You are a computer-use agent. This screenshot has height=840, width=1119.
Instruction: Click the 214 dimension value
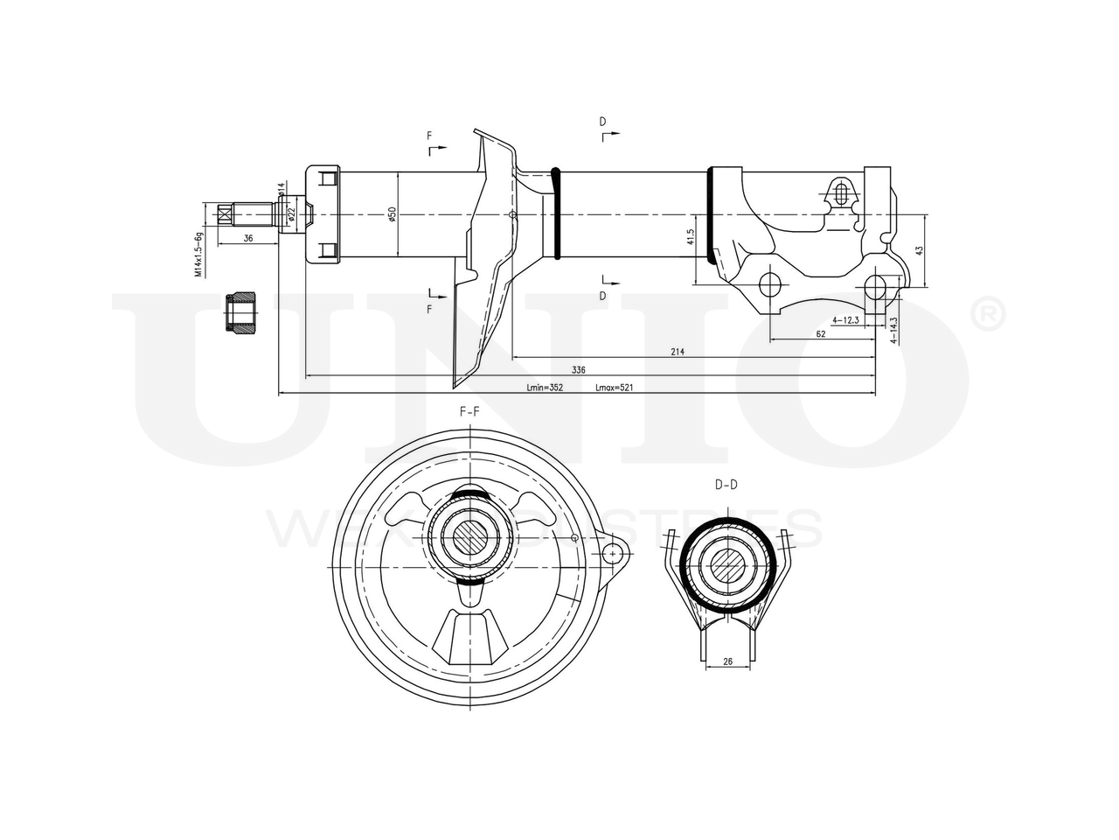[678, 352]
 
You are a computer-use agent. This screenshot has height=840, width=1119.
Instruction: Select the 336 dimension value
[579, 370]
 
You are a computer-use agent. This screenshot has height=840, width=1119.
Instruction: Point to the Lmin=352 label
[545, 387]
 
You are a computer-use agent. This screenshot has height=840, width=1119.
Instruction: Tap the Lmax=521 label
[614, 387]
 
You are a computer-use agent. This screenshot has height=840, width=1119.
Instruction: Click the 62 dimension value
[820, 333]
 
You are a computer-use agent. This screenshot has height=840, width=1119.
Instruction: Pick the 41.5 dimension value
[690, 236]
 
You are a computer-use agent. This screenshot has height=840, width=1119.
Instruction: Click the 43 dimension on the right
[919, 250]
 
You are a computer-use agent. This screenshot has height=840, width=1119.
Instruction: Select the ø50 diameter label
[393, 214]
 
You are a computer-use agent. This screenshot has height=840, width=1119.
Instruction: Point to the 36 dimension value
[247, 238]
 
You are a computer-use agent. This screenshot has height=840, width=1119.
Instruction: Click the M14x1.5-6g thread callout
[199, 255]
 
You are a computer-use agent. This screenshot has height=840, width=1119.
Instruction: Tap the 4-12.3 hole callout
[846, 320]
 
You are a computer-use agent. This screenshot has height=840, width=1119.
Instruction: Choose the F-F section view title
[469, 410]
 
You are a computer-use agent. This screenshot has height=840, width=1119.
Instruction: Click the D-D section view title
[726, 484]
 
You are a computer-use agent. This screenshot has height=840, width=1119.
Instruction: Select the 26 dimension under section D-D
[727, 662]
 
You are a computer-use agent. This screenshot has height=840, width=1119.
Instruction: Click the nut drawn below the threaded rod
[240, 312]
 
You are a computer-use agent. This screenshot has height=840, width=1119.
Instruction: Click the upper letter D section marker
[602, 121]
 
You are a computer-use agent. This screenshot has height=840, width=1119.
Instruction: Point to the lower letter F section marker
[429, 310]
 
